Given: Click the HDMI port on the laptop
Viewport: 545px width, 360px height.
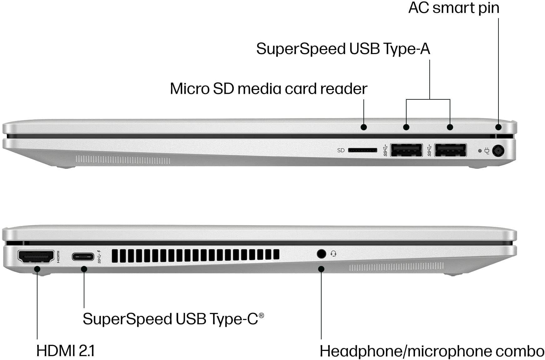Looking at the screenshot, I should pyautogui.click(x=36, y=257).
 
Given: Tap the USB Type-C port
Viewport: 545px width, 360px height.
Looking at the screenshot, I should pyautogui.click(x=83, y=257).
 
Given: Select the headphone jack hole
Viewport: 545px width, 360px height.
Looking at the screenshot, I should pyautogui.click(x=321, y=254).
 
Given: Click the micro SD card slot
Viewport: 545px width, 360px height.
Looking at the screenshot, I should pyautogui.click(x=362, y=150).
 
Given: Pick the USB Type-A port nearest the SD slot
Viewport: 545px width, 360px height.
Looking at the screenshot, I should pyautogui.click(x=406, y=150).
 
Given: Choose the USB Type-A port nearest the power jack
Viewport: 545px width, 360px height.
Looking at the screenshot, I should pyautogui.click(x=450, y=150).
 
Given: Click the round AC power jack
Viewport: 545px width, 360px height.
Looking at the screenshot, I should pyautogui.click(x=498, y=151).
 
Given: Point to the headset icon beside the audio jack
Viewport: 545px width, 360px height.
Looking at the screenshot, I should pyautogui.click(x=333, y=254).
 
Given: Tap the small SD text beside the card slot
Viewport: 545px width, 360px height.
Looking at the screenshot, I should pyautogui.click(x=341, y=150).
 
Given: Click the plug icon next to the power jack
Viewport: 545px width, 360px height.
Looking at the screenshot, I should pyautogui.click(x=487, y=151).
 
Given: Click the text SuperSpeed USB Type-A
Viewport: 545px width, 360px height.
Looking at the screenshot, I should pyautogui.click(x=343, y=49).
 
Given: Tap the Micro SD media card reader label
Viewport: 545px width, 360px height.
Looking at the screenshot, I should pyautogui.click(x=268, y=89).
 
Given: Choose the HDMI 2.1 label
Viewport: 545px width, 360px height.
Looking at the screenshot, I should pyautogui.click(x=65, y=351).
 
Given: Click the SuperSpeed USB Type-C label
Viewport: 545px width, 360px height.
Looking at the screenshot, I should pyautogui.click(x=173, y=319).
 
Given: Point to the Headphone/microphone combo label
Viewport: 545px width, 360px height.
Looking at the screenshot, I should pyautogui.click(x=432, y=351).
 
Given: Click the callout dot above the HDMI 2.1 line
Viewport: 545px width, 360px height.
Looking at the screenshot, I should pyautogui.click(x=37, y=269).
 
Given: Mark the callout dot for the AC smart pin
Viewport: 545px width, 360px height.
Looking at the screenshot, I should pyautogui.click(x=498, y=127).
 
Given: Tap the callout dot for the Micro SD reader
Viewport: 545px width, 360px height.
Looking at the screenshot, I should pyautogui.click(x=363, y=127).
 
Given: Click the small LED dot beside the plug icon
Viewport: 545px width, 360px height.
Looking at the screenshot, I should pyautogui.click(x=480, y=151).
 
